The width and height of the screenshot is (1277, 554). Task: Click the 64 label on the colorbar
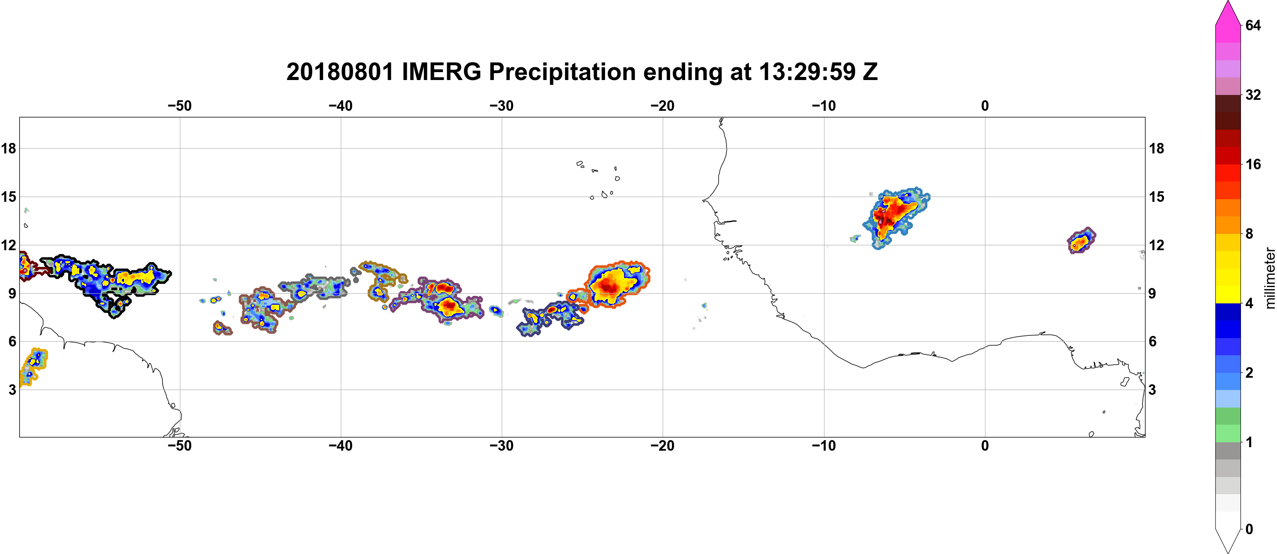point(1253,25)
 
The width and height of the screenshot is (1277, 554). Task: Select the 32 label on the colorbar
point(1253,95)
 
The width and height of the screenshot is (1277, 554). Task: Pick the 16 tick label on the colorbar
point(1253,164)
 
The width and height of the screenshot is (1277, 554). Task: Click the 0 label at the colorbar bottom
point(1249,529)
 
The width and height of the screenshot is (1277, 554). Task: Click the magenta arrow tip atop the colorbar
point(1228,3)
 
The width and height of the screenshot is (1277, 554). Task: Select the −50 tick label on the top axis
point(179,106)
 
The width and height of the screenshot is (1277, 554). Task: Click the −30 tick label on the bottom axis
point(502,446)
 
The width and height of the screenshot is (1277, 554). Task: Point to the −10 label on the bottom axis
point(824,446)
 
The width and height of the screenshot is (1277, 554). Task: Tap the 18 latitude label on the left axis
point(8,148)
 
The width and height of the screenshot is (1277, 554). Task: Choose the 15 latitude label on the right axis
point(1157,197)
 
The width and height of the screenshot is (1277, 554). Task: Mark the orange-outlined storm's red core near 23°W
point(608,286)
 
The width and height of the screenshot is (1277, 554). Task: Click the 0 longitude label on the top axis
point(985,106)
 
